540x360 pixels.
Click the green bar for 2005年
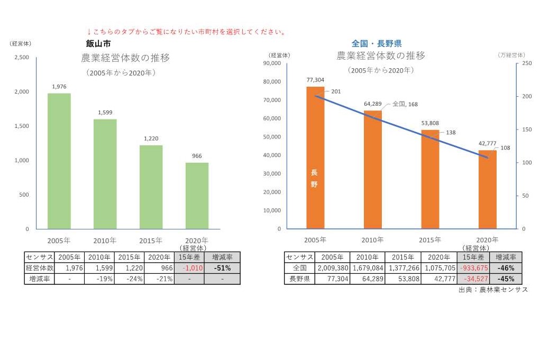[59, 161]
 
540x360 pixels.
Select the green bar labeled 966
[197, 196]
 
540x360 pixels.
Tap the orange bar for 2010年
[372, 169]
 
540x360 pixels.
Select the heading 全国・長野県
[377, 43]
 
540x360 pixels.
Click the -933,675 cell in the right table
[473, 268]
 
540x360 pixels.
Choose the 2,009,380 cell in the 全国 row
[332, 268]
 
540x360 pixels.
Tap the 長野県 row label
[299, 279]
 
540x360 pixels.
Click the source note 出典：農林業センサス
[493, 290]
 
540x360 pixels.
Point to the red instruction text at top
[186, 32]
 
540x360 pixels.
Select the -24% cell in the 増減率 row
[129, 279]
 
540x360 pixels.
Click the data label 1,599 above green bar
[105, 113]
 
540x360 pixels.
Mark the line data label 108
[505, 148]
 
